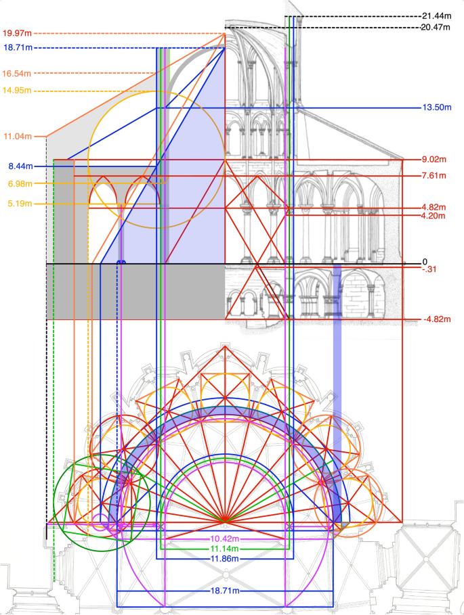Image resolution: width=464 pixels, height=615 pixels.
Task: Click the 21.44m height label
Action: coord(436,16)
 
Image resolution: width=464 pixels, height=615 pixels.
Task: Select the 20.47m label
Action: coord(436,27)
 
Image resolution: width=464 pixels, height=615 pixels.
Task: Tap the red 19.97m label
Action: coord(17,33)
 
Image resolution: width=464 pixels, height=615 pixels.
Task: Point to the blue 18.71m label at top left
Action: coord(17,48)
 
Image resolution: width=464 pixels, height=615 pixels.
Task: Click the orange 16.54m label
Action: coord(17,73)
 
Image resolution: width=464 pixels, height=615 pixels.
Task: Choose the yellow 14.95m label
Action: coord(17,91)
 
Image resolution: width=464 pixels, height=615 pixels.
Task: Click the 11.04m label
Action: coord(17,137)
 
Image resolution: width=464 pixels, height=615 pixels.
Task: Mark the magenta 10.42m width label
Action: coord(226,539)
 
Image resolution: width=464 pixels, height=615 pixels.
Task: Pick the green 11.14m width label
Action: coord(226,549)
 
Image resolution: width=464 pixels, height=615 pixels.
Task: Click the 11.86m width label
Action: coord(226,559)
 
